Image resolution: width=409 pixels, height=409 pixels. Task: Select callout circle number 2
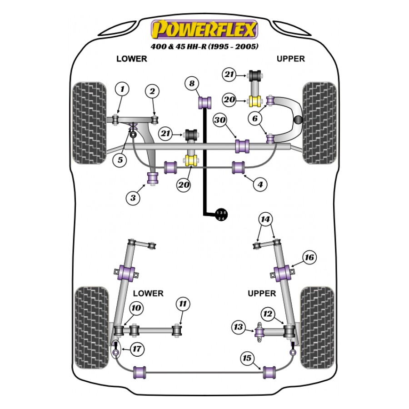(152, 91)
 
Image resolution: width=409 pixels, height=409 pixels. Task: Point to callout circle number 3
(133, 198)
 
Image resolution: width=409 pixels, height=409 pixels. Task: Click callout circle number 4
(259, 185)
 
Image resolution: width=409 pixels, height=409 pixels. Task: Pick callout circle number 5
(120, 160)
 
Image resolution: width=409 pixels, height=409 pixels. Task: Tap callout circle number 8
(192, 83)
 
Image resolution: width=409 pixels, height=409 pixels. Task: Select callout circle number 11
(182, 304)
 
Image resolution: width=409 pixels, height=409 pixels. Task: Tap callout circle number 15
(247, 359)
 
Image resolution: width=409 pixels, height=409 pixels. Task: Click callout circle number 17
(137, 349)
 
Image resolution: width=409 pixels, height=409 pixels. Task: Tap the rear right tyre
(317, 327)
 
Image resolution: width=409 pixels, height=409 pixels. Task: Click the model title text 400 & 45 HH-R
(204, 46)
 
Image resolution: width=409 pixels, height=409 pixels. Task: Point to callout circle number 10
(136, 309)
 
